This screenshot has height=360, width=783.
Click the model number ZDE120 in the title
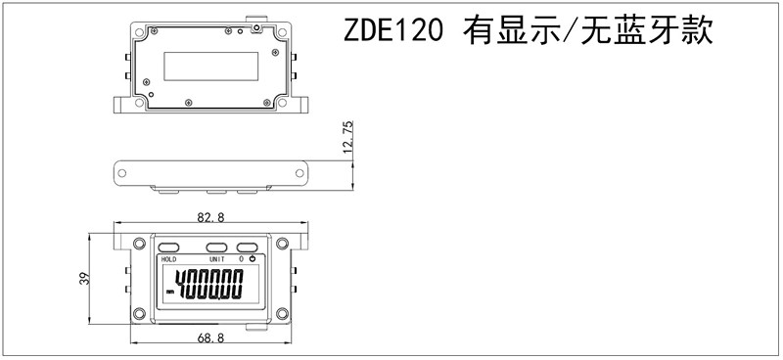[x=393, y=31]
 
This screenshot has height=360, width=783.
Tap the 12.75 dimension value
[x=348, y=136]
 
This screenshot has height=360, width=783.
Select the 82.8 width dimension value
[x=210, y=217]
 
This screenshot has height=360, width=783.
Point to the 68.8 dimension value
[x=210, y=338]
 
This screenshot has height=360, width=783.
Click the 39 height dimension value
[x=83, y=278]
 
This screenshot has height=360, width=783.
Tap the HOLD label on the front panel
[x=168, y=259]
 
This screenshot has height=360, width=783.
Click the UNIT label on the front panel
[x=217, y=259]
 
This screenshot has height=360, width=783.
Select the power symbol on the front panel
[x=253, y=258]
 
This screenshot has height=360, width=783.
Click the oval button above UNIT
[x=216, y=247]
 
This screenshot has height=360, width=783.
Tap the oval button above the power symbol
[x=247, y=247]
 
